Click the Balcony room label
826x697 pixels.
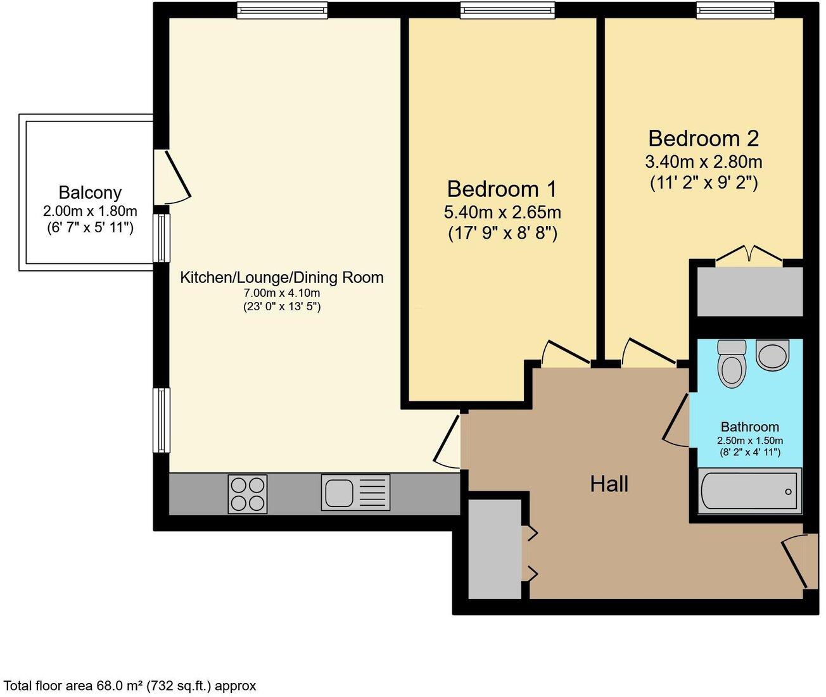pos(90,192)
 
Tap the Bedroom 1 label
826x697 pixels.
pos(502,189)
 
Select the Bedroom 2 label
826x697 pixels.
pos(703,138)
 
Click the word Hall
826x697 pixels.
pos(609,484)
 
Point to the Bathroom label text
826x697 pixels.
pos(749,427)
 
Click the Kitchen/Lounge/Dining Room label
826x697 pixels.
pos(282,277)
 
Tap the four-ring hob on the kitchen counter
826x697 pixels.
pos(247,493)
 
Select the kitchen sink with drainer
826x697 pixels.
pos(355,492)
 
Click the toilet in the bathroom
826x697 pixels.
pos(732,363)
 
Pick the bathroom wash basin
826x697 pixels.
pos(772,355)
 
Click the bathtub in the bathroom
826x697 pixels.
pos(749,489)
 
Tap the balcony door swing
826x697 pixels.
pos(175,177)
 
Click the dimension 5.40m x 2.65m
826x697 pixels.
pos(502,212)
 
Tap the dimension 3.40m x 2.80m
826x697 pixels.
pos(703,161)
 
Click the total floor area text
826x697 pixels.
pos(130,686)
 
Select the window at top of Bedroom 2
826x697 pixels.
pos(735,9)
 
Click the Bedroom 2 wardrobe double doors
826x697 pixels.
pos(749,254)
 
